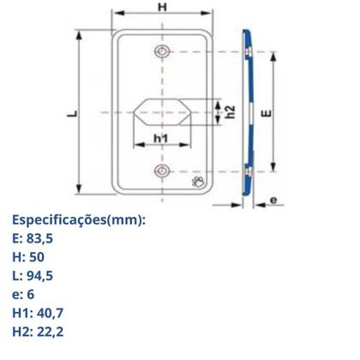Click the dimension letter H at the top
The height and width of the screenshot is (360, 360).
(162, 8)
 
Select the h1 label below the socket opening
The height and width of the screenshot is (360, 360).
(160, 139)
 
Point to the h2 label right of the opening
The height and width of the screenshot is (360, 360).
(229, 111)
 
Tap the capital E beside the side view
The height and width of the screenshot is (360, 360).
(267, 111)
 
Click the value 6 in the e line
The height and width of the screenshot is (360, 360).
(32, 294)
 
